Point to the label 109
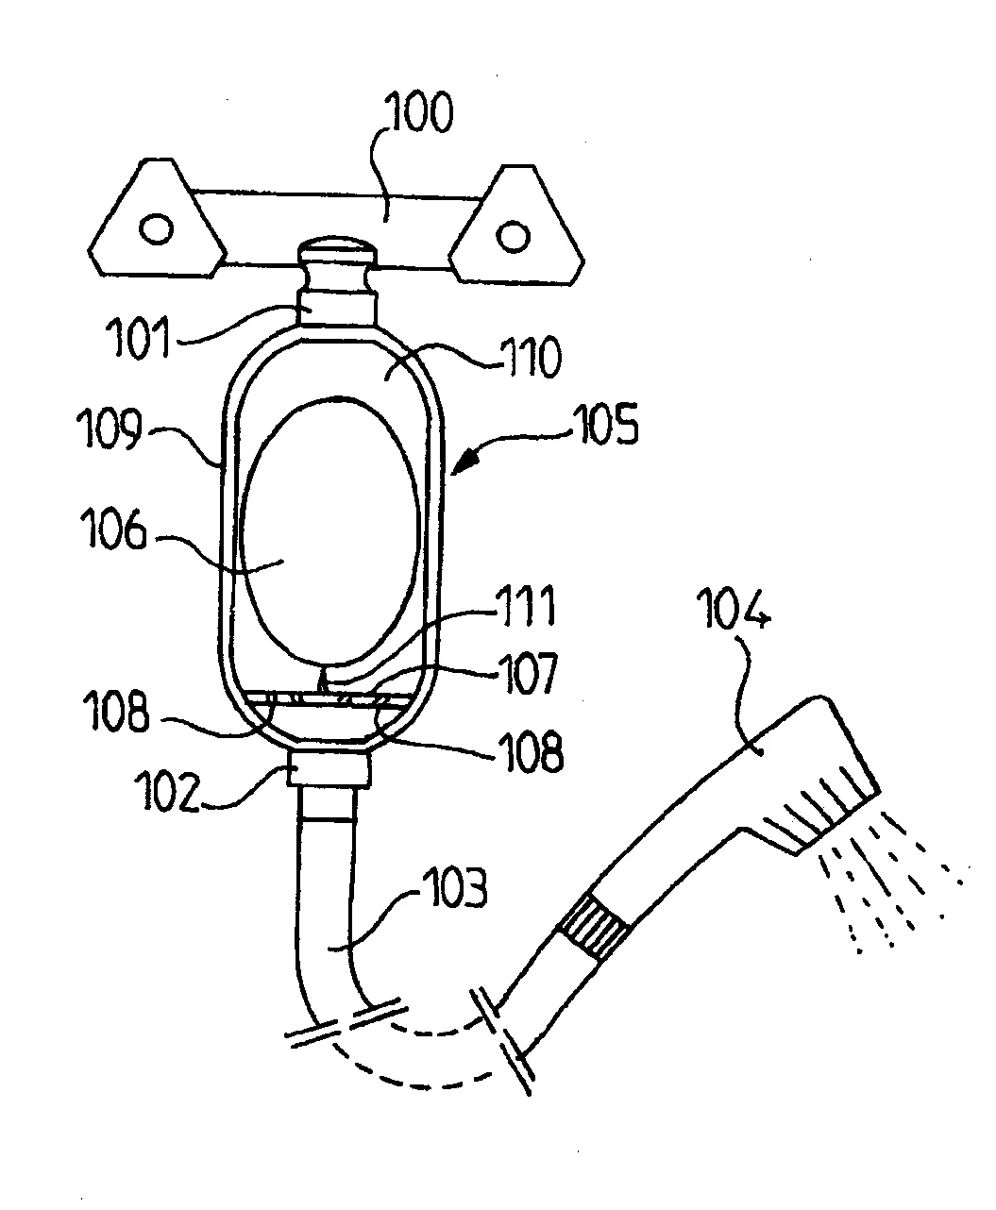click(x=110, y=428)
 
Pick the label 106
click(x=113, y=529)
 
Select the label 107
click(x=527, y=672)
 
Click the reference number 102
click(x=166, y=791)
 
